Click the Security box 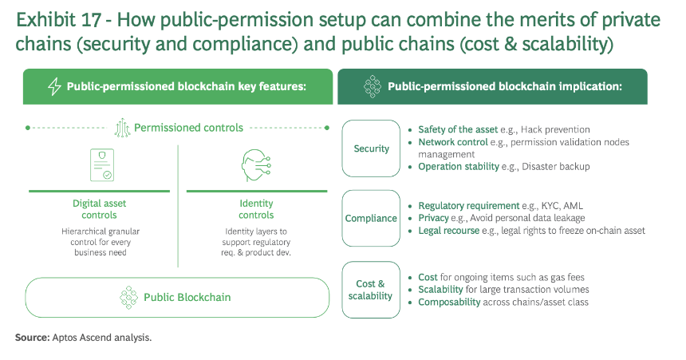point(371,148)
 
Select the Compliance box point(371,218)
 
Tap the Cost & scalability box point(371,290)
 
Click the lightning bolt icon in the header point(54,86)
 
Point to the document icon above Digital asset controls point(102,164)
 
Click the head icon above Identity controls point(256,165)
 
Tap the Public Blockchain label point(187,298)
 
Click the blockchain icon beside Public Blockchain point(128,298)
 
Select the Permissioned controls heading point(188,128)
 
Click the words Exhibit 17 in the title point(58,20)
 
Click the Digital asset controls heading point(100,209)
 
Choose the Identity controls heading point(256,209)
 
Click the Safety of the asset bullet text point(458,129)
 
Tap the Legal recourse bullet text point(449,231)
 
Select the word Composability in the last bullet point(449,303)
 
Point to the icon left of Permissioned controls point(123,128)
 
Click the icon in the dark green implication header point(373,86)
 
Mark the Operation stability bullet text point(459,166)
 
